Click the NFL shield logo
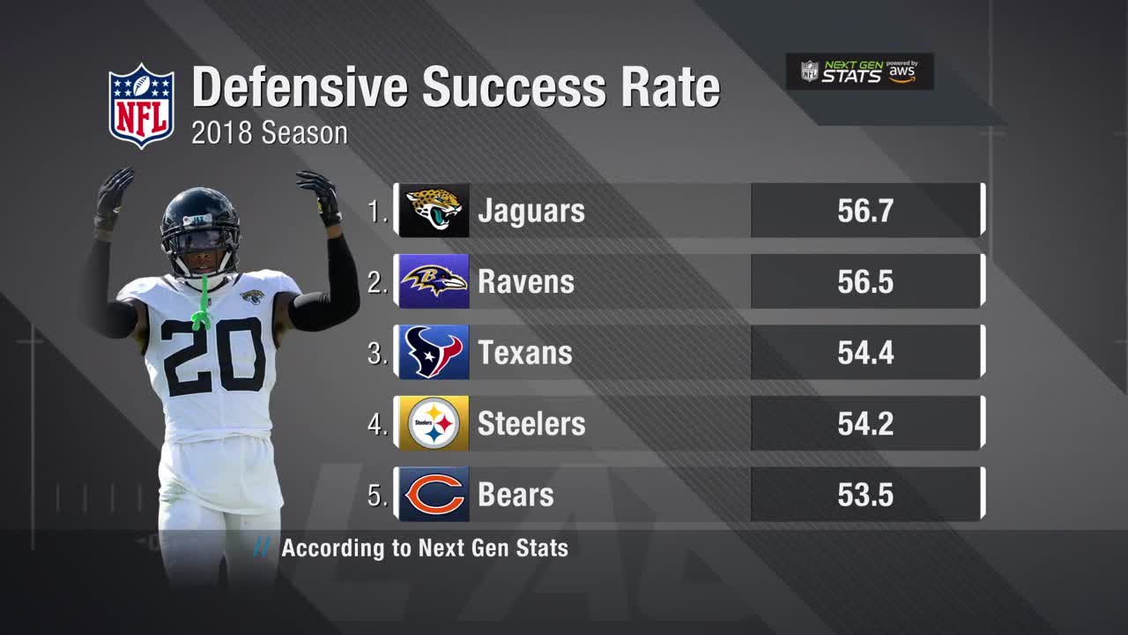point(141,105)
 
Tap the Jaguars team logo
point(433,211)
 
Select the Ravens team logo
point(433,281)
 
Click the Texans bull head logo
point(433,352)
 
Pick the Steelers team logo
point(433,423)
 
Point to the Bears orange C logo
point(433,494)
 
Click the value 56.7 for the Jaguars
point(865,211)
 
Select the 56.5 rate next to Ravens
point(865,281)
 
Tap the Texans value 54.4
point(865,353)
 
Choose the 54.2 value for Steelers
point(865,423)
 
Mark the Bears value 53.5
point(865,495)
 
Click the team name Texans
point(525,353)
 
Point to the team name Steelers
point(531,423)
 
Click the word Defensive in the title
point(300,87)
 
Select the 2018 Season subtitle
point(270,133)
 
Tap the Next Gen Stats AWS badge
point(859,71)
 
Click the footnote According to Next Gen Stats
point(424,548)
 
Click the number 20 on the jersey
point(214,356)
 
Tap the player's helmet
point(200,225)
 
